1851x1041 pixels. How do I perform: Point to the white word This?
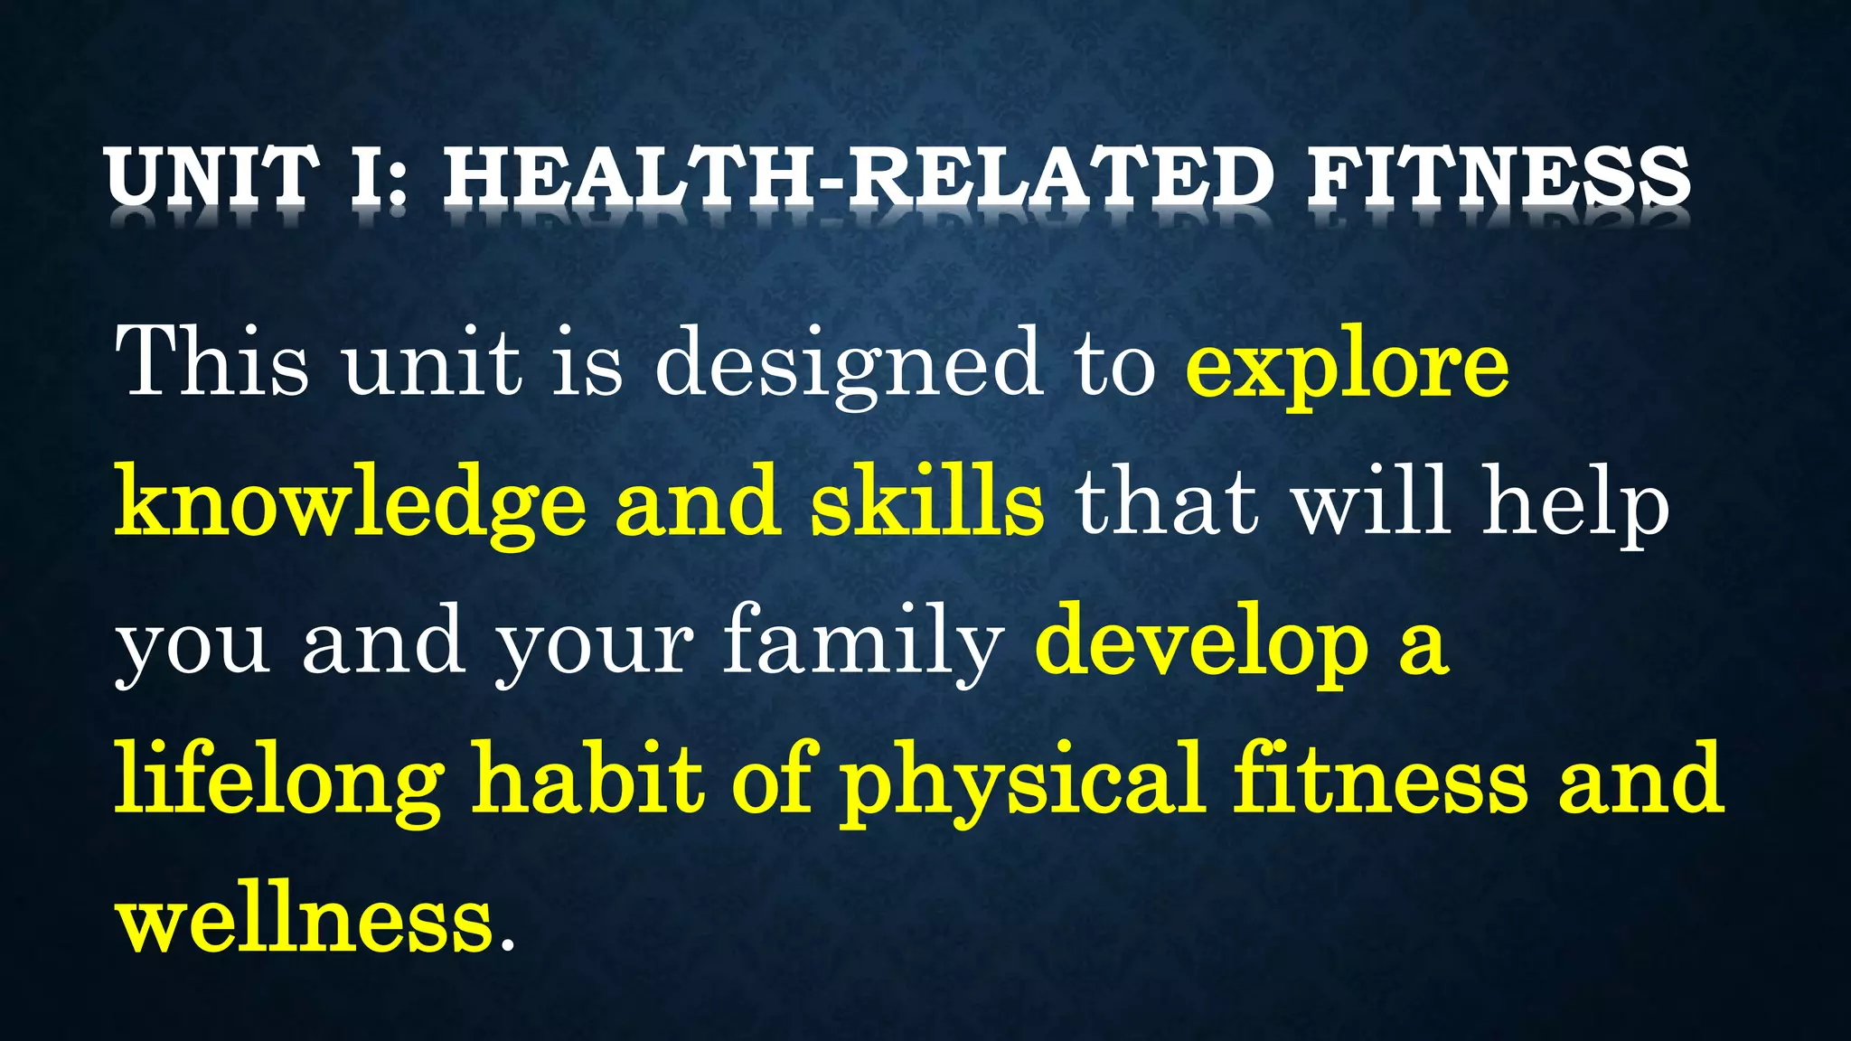[x=212, y=361]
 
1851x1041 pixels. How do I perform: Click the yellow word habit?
[x=588, y=777]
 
